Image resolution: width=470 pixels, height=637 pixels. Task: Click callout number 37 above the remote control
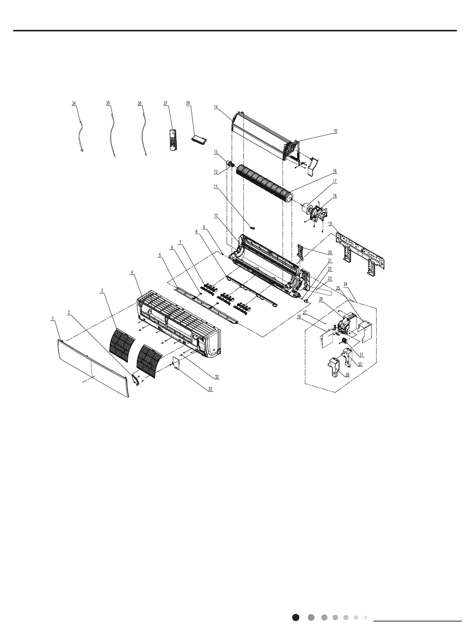[165, 103]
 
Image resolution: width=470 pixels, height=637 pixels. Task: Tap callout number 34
[74, 103]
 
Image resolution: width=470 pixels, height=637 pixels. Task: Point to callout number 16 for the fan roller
[334, 171]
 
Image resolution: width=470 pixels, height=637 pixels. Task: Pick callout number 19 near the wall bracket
[330, 224]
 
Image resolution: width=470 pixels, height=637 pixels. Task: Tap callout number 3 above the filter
[102, 290]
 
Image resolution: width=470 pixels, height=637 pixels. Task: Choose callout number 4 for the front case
[132, 272]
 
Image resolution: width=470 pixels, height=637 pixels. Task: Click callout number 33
[210, 389]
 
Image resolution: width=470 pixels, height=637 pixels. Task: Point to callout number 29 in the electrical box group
[347, 375]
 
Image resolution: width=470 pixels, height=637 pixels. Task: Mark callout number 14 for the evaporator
[216, 107]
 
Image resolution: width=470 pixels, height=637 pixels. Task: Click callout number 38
[188, 103]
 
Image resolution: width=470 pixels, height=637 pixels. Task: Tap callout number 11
[215, 186]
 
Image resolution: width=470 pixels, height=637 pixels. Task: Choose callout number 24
[345, 284]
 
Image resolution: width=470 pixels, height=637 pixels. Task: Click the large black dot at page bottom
[296, 617]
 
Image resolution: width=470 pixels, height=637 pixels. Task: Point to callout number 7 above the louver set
[180, 243]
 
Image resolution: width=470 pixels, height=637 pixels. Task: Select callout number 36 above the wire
[139, 103]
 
